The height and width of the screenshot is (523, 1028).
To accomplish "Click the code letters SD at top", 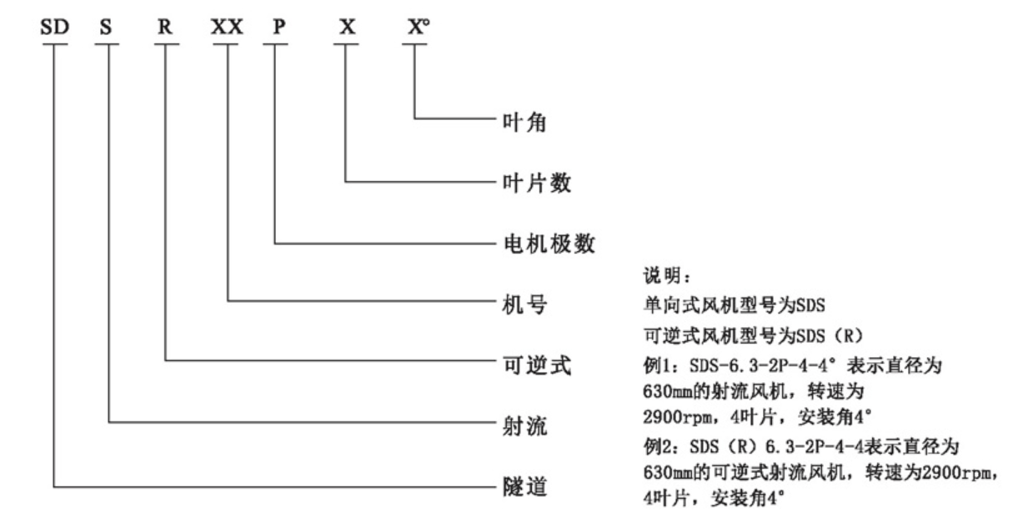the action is pos(55,27).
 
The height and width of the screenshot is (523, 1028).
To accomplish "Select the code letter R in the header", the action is pos(165,27).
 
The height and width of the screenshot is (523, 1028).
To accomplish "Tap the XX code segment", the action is pos(227,27).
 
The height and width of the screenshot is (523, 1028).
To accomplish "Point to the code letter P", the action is pos(279,27).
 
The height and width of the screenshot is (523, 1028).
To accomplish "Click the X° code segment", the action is pos(419,27).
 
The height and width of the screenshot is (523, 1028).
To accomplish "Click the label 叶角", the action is pos(524,123).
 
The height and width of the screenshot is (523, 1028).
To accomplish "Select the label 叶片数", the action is pos(537,184).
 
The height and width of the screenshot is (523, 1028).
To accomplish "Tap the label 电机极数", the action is pos(549,244).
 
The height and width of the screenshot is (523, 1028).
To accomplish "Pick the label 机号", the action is pos(524,304).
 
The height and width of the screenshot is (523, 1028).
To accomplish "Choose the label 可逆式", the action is pos(537,365).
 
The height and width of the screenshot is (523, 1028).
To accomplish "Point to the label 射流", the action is pos(524,426).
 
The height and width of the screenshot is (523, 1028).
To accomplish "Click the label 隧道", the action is pos(524,487).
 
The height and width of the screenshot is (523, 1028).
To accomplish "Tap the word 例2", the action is pos(658,447).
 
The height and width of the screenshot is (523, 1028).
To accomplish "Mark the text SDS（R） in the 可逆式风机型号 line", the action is pos(830,336).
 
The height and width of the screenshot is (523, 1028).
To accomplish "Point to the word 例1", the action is pos(658,366).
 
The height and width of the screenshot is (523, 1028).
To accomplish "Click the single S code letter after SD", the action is pos(106,27).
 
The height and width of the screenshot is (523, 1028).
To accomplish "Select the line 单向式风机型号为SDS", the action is pos(735,305).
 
